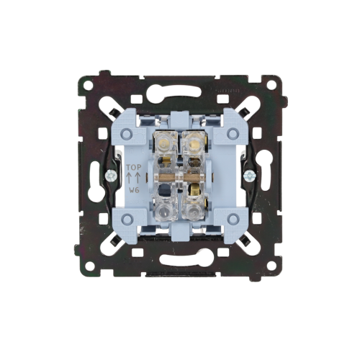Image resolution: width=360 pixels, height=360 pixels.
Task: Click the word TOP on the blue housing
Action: tap(134, 167)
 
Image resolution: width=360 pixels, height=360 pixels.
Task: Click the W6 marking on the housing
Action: tap(134, 190)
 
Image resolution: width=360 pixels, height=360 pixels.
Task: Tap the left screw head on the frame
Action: tap(111, 176)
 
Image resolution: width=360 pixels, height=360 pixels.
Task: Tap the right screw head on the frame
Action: tap(249, 176)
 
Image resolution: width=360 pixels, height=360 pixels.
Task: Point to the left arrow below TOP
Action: tap(130, 178)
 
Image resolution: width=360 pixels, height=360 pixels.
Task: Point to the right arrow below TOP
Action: tap(138, 178)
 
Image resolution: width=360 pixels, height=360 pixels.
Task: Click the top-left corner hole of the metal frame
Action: tap(89, 86)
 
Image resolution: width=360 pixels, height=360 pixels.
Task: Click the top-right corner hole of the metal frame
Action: tap(271, 84)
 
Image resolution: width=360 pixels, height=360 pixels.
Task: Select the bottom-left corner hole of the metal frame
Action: tap(89, 265)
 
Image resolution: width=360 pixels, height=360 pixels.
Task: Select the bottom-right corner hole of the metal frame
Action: tap(271, 265)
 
